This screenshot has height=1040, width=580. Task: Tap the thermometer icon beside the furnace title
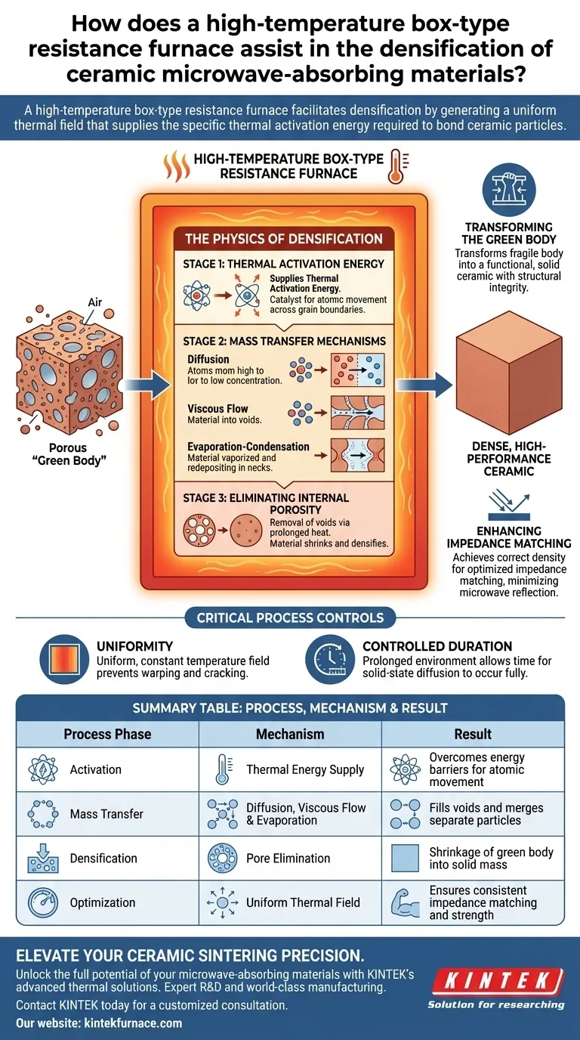coord(395,166)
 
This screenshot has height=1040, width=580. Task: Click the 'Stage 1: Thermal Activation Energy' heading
coord(283,264)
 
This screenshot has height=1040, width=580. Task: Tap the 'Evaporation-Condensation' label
coord(248,447)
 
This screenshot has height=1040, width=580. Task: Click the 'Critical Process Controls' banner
coord(290,617)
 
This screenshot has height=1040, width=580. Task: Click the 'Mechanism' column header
coord(290,734)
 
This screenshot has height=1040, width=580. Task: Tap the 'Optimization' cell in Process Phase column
coord(102,902)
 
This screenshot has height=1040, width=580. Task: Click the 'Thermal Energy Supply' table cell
coord(305,769)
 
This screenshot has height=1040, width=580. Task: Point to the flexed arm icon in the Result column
coord(405,902)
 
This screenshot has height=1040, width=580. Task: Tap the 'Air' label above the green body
coord(94,302)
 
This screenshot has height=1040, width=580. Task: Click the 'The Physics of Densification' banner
coord(283,239)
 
